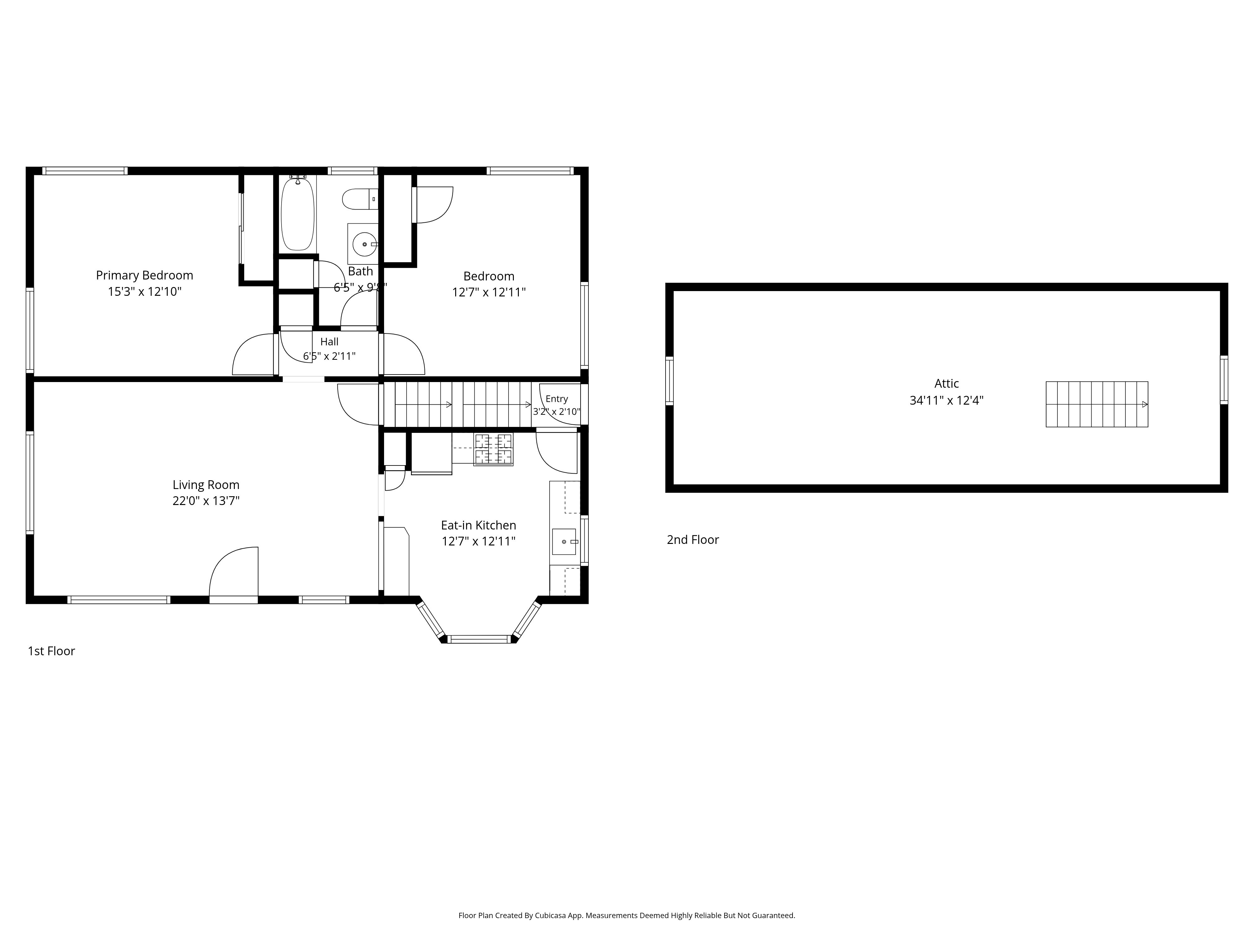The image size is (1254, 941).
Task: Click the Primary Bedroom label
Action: click(x=145, y=276)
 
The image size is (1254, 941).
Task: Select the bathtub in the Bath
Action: click(x=298, y=213)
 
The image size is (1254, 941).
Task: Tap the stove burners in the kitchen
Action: click(x=493, y=449)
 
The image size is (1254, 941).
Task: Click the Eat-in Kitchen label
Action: click(x=478, y=526)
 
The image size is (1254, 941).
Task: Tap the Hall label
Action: click(x=329, y=342)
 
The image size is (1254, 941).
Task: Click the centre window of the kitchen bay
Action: click(x=479, y=639)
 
